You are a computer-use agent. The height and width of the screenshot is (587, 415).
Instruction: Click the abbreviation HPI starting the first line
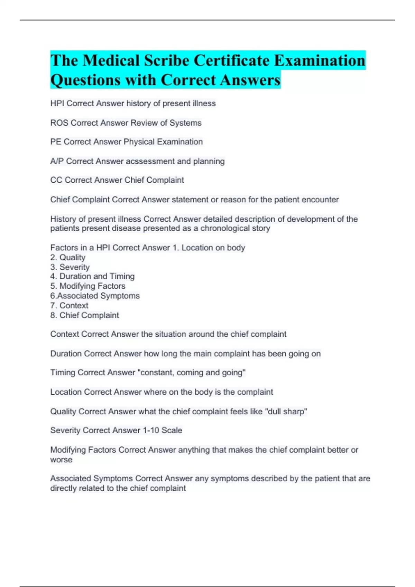57,104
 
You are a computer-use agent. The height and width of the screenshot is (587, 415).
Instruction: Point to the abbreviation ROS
59,123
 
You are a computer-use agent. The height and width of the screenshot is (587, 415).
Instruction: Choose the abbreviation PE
56,142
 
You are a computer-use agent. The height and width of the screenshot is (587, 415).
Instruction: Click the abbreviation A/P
57,161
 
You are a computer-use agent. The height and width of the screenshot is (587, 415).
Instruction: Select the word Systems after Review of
185,123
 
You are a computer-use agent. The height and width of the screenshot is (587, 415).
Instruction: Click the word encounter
320,200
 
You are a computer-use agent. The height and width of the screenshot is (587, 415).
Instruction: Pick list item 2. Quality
68,258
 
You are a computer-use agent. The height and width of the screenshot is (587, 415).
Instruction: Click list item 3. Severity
70,267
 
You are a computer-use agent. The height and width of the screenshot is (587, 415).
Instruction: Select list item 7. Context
69,306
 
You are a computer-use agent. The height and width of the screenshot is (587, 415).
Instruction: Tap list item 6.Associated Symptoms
95,296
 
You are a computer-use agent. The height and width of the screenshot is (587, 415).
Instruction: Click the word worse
61,460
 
